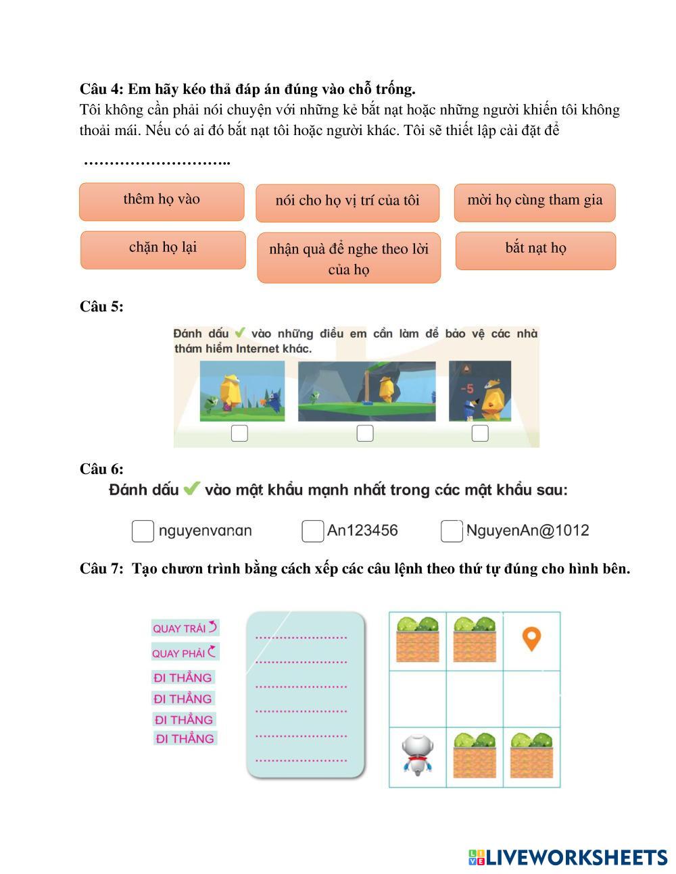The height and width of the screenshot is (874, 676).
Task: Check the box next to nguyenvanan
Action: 143,531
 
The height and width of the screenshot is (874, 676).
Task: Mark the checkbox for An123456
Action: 312,531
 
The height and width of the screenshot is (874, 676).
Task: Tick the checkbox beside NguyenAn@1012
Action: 451,531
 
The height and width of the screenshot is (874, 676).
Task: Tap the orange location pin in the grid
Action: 532,639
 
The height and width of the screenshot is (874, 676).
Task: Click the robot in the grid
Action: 416,755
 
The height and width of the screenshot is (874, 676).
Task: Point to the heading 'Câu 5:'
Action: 101,307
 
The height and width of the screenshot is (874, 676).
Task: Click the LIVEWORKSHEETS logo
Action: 568,857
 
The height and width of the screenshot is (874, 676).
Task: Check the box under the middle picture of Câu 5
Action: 365,433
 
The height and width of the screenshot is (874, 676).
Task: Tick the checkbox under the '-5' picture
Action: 480,433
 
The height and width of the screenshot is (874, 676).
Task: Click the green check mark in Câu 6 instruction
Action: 192,488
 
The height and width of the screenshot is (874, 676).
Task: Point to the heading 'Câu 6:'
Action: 101,469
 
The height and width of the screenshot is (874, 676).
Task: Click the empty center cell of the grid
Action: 475,698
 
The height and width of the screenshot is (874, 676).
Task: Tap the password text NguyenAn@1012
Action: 528,531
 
